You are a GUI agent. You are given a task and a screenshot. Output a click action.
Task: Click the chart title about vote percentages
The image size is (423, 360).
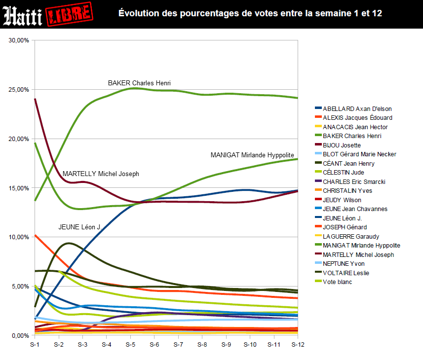[250, 13]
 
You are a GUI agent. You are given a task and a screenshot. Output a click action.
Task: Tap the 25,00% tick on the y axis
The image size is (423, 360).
[19, 90]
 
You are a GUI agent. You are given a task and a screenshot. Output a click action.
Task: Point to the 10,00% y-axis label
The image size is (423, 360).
[19, 237]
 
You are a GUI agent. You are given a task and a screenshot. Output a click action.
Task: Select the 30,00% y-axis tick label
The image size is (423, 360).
[19, 40]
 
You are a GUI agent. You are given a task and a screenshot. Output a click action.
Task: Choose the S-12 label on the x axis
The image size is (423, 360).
[297, 345]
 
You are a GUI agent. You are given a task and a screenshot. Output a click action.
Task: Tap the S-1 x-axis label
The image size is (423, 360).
[34, 345]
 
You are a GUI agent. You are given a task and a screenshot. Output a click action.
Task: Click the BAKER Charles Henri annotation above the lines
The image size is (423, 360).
[139, 83]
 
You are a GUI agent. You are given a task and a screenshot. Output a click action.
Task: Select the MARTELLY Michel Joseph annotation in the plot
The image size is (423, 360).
[101, 174]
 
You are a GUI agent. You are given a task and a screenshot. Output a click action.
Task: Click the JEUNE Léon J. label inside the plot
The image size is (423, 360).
[79, 227]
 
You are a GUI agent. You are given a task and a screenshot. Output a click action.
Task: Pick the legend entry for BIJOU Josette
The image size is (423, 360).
[342, 145]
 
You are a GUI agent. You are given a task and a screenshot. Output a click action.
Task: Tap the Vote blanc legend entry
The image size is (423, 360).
[338, 282]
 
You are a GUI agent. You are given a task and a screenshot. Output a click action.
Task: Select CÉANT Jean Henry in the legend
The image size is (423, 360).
[348, 163]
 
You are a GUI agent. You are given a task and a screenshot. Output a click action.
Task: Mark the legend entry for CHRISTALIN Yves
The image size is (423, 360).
[347, 191]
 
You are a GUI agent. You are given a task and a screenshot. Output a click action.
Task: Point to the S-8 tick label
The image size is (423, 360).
[201, 345]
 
